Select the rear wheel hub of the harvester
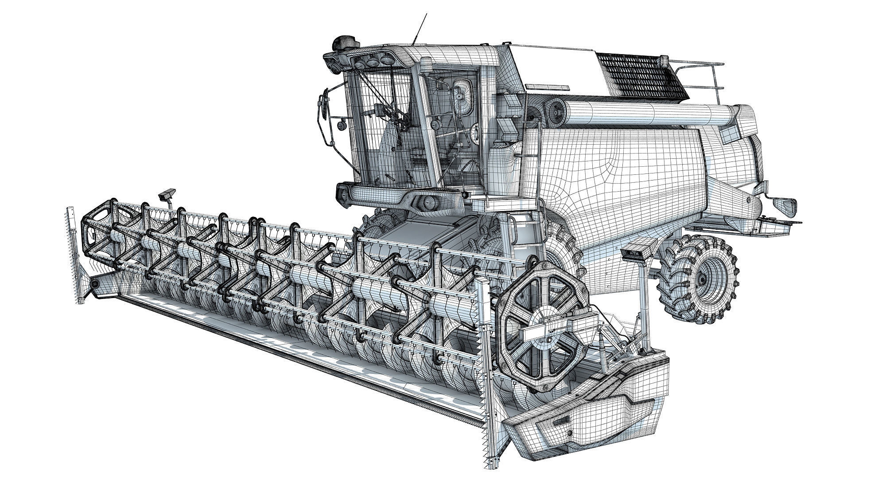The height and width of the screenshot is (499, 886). pos(702,279)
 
